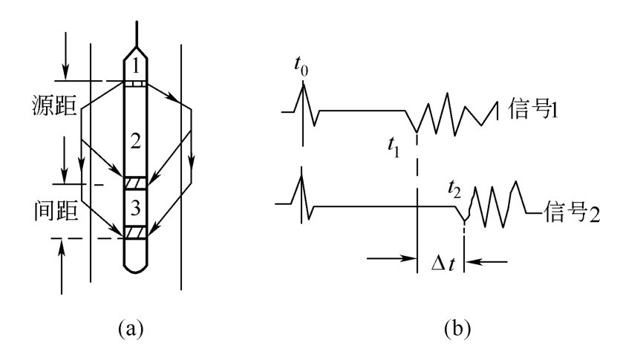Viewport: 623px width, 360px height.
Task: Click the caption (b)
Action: tap(453, 327)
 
